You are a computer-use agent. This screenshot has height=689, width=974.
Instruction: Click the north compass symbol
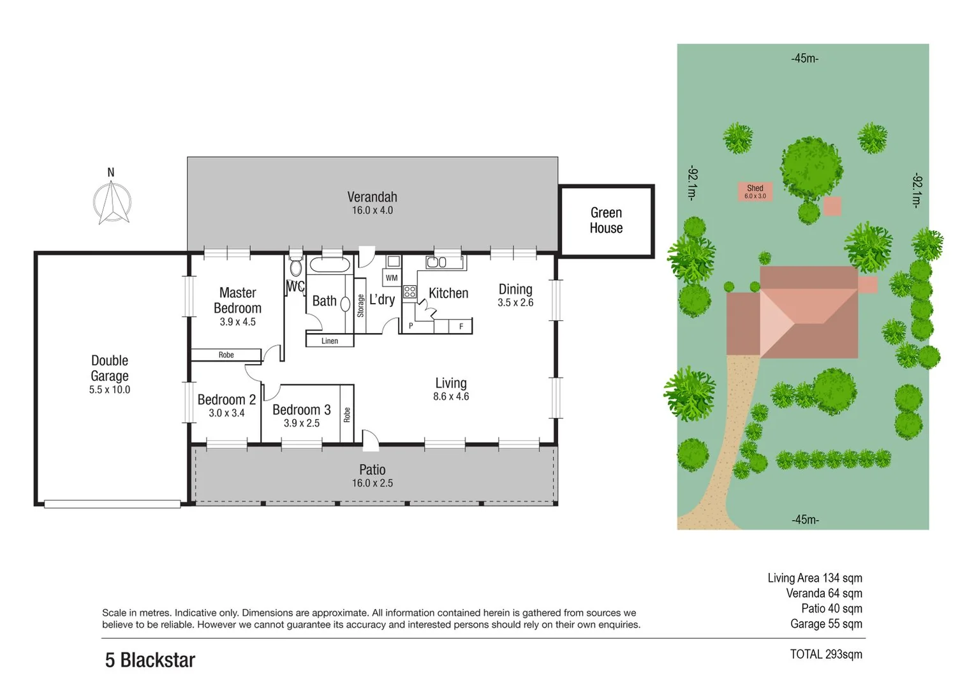tap(112, 202)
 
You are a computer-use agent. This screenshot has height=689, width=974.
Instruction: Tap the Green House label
tap(605, 221)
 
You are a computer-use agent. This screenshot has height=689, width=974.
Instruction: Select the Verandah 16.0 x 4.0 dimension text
tap(372, 211)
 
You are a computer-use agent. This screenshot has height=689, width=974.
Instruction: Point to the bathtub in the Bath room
tap(329, 265)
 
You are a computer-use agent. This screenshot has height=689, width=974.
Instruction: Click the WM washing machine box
tap(392, 278)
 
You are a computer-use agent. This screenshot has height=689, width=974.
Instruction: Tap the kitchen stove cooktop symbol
tap(410, 292)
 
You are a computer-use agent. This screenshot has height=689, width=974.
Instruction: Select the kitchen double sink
tap(436, 262)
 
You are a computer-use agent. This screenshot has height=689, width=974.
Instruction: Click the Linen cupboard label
tap(330, 341)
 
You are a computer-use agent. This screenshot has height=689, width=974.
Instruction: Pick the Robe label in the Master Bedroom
tap(226, 355)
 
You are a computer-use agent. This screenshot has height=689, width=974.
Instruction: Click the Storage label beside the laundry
tap(360, 306)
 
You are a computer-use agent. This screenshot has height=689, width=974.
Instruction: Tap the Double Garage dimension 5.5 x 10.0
tap(110, 390)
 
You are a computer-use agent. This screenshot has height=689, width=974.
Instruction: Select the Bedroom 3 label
tap(301, 410)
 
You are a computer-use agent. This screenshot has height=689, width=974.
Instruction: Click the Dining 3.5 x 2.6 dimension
tap(515, 303)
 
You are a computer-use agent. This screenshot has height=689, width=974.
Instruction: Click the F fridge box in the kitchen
tap(461, 327)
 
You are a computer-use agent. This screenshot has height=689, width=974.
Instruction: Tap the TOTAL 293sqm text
tap(825, 654)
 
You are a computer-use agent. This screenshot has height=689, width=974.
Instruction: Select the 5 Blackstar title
tap(150, 660)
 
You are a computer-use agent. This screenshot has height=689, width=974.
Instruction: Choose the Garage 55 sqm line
tap(826, 624)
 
